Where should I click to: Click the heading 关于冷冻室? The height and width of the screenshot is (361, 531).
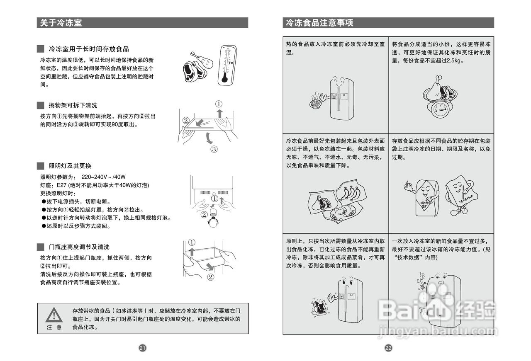[61, 23]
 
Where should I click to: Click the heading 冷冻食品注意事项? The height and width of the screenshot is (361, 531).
[319, 23]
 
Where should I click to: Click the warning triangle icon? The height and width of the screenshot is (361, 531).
[54, 315]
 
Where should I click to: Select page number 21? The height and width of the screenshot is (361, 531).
[142, 348]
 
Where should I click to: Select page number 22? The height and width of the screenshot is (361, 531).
[388, 348]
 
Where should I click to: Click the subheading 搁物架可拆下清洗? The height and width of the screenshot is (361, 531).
[73, 106]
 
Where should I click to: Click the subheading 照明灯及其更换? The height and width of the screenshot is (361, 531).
[70, 166]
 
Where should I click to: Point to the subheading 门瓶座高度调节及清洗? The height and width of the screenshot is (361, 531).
[79, 247]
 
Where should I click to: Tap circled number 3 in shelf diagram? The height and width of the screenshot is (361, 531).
[214, 149]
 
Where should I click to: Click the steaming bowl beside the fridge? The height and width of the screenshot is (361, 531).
[318, 102]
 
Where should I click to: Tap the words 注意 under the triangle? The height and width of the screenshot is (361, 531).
[54, 327]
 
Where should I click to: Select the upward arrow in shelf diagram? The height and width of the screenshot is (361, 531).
[219, 114]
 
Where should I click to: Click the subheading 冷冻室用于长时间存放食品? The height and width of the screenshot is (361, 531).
[89, 49]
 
